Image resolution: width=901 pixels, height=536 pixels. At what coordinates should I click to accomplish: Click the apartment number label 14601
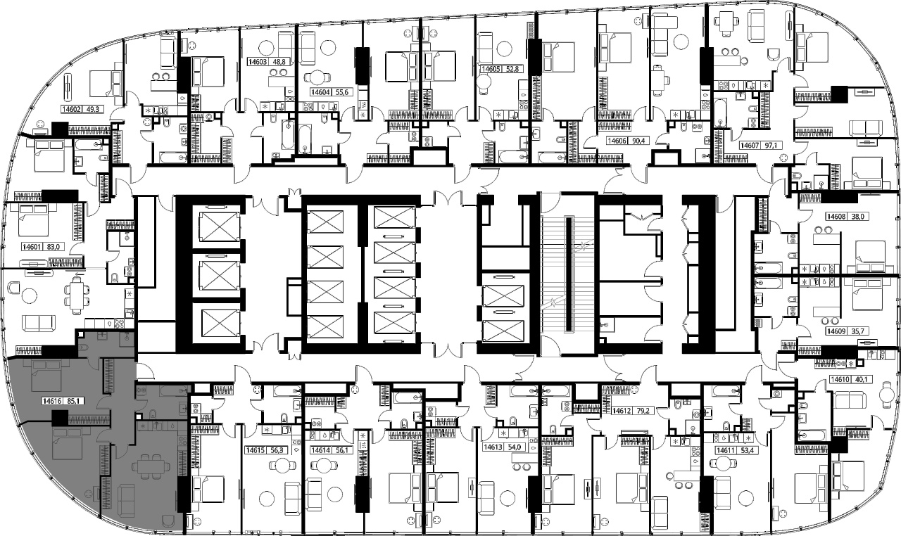click(32, 247)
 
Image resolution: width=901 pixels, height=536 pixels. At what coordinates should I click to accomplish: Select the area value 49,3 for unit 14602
click(92, 109)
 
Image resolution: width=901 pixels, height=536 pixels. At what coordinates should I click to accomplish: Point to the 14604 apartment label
click(321, 92)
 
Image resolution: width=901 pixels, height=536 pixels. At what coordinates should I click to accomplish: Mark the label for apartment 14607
click(750, 145)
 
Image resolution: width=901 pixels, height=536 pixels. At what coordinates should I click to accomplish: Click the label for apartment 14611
click(726, 450)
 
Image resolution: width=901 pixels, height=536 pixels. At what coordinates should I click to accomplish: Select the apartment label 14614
click(321, 450)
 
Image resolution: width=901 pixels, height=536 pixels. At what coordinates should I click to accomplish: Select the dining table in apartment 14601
click(77, 297)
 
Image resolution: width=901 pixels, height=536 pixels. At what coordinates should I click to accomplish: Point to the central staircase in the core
click(567, 274)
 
